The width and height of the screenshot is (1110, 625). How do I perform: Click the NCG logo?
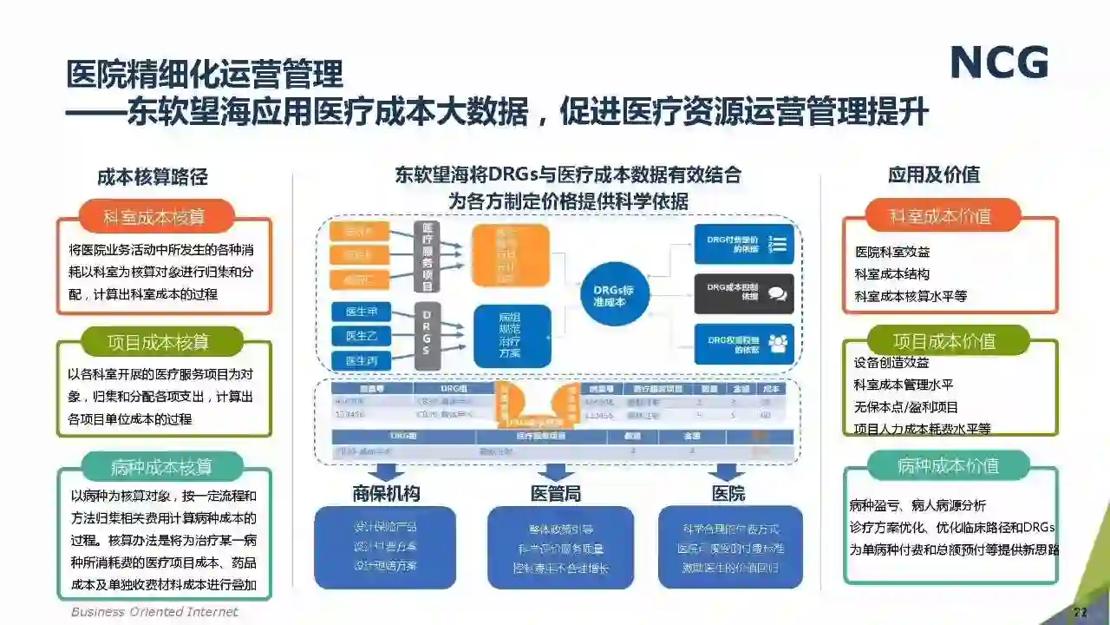[999, 62]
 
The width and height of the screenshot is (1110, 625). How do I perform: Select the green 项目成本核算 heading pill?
[158, 342]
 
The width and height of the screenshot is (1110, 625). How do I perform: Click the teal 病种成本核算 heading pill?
[161, 467]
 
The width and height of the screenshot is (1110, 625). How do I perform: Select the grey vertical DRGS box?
[427, 333]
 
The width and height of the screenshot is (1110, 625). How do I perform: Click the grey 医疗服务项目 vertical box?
[427, 256]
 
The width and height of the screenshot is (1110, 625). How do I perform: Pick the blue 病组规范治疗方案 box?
[511, 335]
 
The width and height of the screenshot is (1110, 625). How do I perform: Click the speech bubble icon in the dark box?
[777, 294]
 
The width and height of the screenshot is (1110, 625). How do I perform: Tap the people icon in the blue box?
[777, 344]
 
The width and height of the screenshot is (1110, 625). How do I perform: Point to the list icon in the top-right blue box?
[777, 244]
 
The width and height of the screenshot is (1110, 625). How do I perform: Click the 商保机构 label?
[386, 494]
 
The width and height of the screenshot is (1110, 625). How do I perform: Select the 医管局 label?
[556, 494]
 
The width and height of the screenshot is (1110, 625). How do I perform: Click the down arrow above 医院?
[727, 472]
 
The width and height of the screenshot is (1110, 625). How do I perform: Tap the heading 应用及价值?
[933, 174]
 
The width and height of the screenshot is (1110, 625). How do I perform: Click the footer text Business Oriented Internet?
[154, 612]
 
